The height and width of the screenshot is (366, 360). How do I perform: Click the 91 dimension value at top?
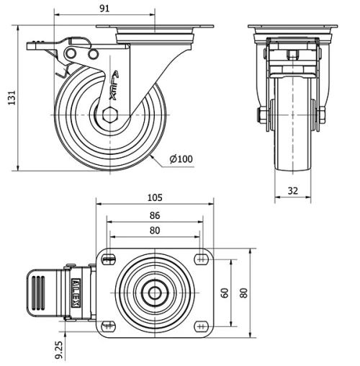tap(105, 9)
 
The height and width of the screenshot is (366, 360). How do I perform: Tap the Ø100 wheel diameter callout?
tap(182, 159)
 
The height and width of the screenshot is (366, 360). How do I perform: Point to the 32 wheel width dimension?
tap(293, 190)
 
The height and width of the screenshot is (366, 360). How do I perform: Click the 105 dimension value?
tap(155, 197)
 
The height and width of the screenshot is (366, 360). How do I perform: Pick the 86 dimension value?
tap(155, 215)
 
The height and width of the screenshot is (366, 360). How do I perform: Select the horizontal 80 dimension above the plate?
tap(155, 231)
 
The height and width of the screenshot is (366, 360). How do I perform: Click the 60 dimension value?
tap(224, 293)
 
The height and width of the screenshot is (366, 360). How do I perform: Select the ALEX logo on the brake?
tap(74, 293)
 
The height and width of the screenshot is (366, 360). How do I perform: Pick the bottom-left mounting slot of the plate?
tap(109, 324)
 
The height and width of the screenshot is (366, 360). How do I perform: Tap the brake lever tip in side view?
tap(31, 45)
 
